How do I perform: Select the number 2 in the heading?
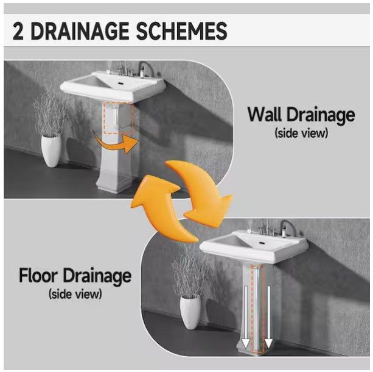tap(18, 31)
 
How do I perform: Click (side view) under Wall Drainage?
tap(301, 133)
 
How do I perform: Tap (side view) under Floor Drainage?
tap(75, 294)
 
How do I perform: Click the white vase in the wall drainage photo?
tap(51, 151)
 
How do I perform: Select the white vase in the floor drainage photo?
tap(190, 312)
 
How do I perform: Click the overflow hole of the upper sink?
tap(121, 84)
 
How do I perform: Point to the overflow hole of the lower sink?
tap(262, 243)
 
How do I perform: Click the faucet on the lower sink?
tap(267, 227)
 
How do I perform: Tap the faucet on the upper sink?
tap(127, 68)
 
